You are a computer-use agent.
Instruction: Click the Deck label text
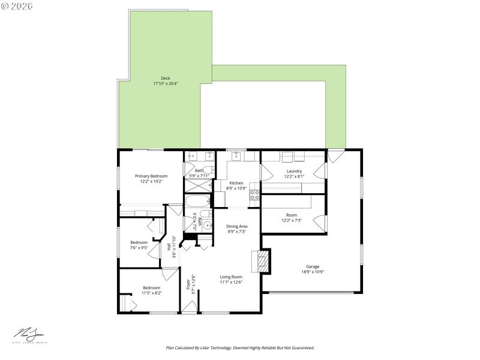point(165,78)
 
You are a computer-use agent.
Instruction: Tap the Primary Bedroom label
point(151,176)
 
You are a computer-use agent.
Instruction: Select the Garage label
point(313,266)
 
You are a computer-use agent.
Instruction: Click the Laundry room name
point(294,171)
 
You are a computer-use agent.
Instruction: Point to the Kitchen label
point(236,182)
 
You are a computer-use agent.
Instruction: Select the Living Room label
point(231,277)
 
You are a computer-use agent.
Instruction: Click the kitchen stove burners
point(254,194)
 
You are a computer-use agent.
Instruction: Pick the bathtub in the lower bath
point(197,201)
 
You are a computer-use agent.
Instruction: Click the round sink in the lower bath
point(207,226)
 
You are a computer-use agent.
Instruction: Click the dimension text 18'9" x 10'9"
point(313,272)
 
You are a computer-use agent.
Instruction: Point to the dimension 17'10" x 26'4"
point(165,83)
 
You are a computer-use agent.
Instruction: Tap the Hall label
point(170,246)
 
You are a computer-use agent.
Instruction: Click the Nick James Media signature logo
point(30,335)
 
